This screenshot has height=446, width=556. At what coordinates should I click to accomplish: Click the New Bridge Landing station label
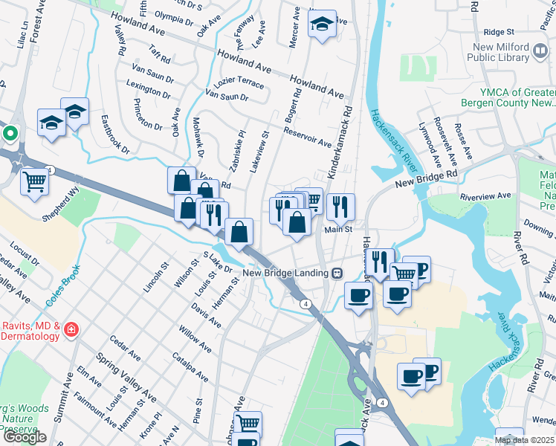click(x=286, y=272)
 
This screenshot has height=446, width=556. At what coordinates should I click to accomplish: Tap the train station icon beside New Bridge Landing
click(x=337, y=272)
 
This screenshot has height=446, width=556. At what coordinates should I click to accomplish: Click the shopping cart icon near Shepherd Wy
click(x=35, y=181)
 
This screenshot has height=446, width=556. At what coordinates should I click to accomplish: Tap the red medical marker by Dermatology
click(x=71, y=329)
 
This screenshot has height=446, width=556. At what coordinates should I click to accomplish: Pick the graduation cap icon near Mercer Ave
click(x=322, y=24)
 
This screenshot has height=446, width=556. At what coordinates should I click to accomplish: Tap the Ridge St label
click(x=499, y=32)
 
